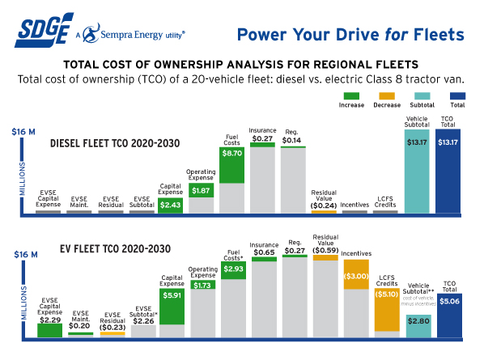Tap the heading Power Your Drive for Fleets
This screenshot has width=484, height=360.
[350, 34]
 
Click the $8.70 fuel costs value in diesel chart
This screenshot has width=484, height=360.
[231, 152]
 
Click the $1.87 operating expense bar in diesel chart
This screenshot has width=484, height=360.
[202, 190]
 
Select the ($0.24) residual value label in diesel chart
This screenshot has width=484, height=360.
[324, 205]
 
